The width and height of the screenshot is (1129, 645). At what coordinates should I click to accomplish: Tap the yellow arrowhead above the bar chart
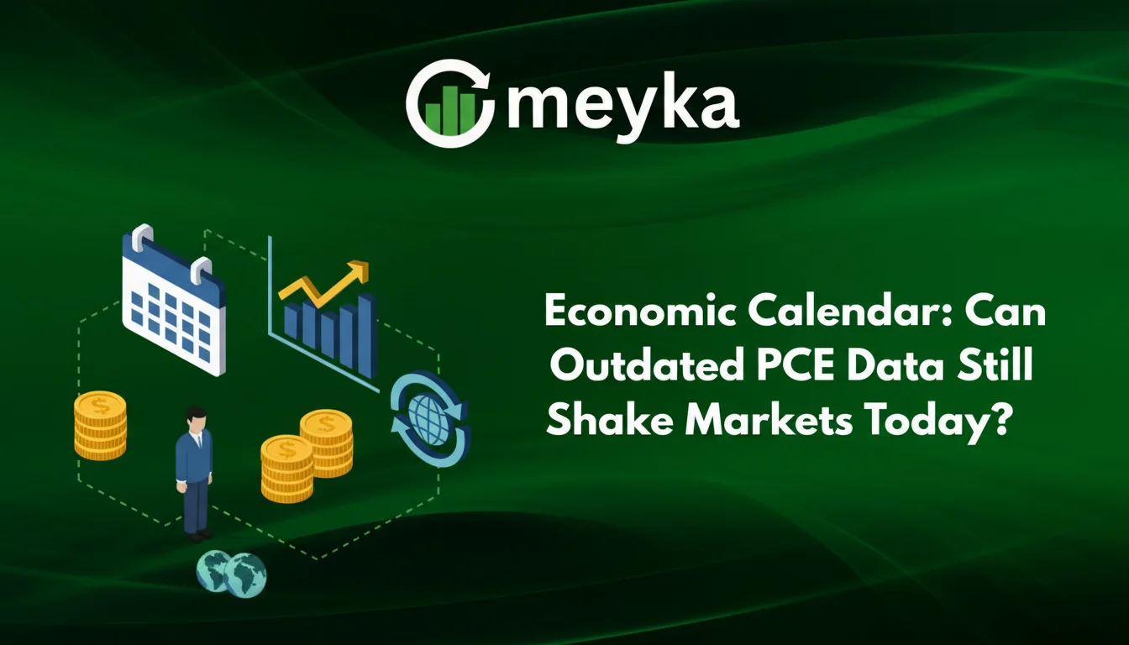coord(360,271)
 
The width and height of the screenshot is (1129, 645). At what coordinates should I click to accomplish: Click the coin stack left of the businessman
coord(100,427)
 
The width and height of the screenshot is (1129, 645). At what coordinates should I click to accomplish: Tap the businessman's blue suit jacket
coord(194,458)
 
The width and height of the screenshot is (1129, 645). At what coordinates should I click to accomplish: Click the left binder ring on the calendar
coord(142,238)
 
